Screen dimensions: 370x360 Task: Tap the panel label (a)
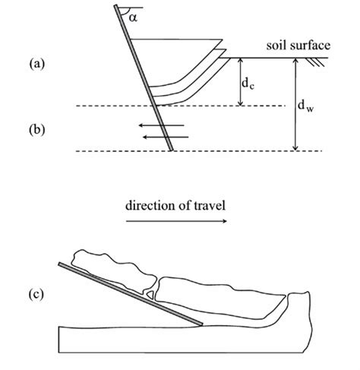tap(37, 65)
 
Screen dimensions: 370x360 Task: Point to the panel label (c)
tap(37, 294)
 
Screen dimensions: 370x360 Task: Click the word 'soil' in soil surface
tap(276, 46)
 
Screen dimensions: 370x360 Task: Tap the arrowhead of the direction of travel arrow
tap(224, 221)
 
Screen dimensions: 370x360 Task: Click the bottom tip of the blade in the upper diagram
tap(173, 150)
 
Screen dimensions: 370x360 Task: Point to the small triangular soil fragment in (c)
tap(152, 291)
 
